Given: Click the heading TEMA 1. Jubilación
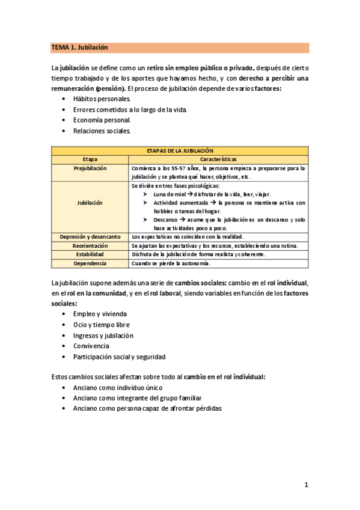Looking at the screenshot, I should [79, 48].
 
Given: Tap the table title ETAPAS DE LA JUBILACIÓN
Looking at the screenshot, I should [180, 150].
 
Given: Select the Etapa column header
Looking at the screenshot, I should [90, 159].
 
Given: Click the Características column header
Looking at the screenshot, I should [218, 159].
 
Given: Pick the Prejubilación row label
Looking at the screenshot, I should [90, 168].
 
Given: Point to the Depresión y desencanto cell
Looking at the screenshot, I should [90, 237].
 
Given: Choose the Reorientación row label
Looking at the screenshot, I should [90, 246].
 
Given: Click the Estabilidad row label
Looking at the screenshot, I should [90, 254].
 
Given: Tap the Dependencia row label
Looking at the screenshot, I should [90, 263].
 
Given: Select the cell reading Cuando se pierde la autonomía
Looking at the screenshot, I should [171, 263].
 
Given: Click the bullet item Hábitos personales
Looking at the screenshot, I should [102, 98].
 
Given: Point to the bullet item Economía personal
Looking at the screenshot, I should [102, 120].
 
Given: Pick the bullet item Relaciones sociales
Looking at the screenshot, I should [102, 131].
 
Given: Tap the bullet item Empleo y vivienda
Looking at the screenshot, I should [100, 314].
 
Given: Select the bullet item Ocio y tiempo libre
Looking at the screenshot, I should [101, 325].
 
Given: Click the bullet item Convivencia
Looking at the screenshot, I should [91, 346].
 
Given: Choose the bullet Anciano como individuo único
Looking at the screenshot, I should [117, 388].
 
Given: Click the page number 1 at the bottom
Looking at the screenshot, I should [306, 485].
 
